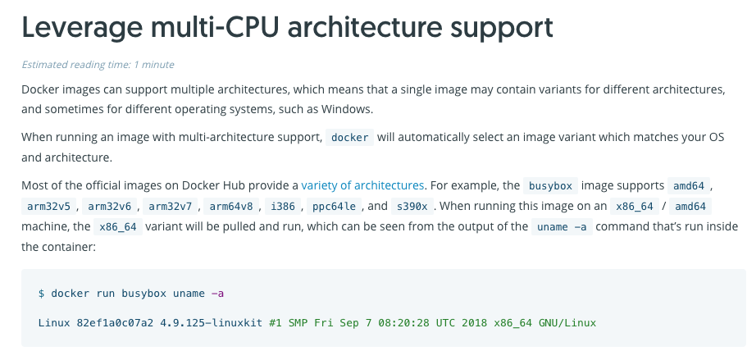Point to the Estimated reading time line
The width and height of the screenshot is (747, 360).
pyautogui.click(x=98, y=64)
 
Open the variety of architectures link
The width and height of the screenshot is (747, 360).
pyautogui.click(x=362, y=185)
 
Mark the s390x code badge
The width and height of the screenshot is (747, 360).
pyautogui.click(x=410, y=206)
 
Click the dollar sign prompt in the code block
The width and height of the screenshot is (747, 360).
pyautogui.click(x=42, y=293)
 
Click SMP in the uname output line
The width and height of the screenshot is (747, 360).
pyautogui.click(x=298, y=322)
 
